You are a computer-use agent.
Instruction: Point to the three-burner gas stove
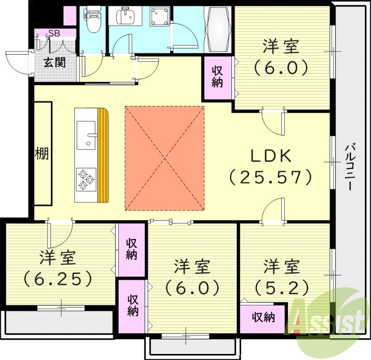86,179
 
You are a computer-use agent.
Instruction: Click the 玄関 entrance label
54,63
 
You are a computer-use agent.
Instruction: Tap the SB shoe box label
54,33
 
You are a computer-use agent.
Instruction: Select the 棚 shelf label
42,153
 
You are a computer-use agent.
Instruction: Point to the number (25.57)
271,177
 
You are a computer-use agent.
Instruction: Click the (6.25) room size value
58,278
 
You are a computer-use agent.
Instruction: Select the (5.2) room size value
281,288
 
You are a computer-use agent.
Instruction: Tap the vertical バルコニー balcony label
352,167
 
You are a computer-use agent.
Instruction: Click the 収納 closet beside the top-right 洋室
217,77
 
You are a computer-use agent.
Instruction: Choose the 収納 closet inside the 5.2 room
263,317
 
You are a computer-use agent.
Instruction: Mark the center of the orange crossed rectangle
165,158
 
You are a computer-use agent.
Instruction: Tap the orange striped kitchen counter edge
102,156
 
